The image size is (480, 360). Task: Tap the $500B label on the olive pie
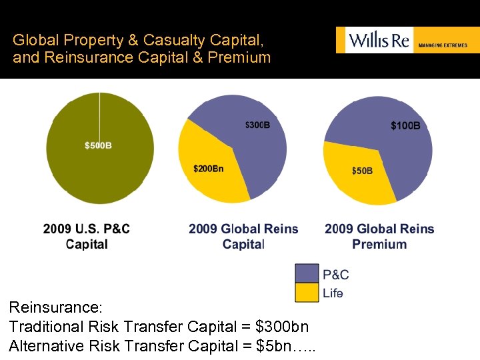98,145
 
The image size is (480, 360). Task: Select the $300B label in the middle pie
257,125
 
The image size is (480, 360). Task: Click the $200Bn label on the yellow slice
208,169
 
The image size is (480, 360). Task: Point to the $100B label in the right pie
405,125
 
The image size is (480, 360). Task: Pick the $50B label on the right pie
362,171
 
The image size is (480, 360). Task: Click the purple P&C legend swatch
307,274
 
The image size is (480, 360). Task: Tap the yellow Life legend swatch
307,293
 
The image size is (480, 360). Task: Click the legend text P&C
335,275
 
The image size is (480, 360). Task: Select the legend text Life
333,293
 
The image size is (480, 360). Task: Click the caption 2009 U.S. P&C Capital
87,237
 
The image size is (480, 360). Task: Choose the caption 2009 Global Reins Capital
243,237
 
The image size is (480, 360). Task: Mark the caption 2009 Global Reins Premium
379,237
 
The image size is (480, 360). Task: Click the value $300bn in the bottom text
282,327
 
